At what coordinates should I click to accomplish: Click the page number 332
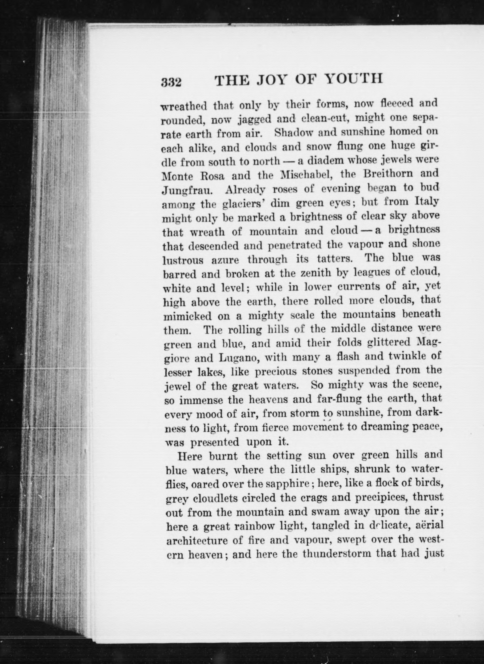click(x=171, y=82)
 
